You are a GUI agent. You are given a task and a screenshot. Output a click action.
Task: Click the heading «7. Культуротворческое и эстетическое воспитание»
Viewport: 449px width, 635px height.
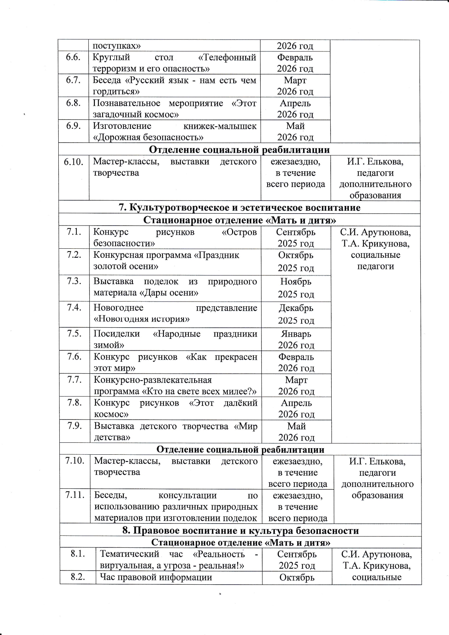pos(239,207)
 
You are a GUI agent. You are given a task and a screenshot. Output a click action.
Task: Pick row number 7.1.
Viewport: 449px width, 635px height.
pos(74,232)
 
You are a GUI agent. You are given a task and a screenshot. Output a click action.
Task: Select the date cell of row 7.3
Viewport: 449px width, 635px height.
pos(296,288)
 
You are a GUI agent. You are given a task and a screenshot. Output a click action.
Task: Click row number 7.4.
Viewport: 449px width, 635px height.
pos(74,307)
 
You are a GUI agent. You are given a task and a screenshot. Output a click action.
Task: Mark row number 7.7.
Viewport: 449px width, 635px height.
pos(74,380)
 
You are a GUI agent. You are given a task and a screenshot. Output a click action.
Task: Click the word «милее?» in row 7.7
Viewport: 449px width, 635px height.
pos(243,391)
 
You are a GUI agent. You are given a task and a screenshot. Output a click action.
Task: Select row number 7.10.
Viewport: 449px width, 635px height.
pos(75,461)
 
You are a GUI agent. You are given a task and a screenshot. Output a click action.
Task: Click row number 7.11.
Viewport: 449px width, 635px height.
pos(75,495)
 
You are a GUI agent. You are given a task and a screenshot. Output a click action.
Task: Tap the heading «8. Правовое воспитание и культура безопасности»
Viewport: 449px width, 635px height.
pos(240,531)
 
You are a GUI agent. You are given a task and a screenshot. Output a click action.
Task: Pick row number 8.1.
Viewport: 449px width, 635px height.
pos(77,554)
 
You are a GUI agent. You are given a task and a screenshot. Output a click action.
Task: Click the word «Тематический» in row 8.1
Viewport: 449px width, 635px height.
pos(129,554)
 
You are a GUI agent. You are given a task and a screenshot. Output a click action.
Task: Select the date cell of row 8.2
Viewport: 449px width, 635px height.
pos(297,578)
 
